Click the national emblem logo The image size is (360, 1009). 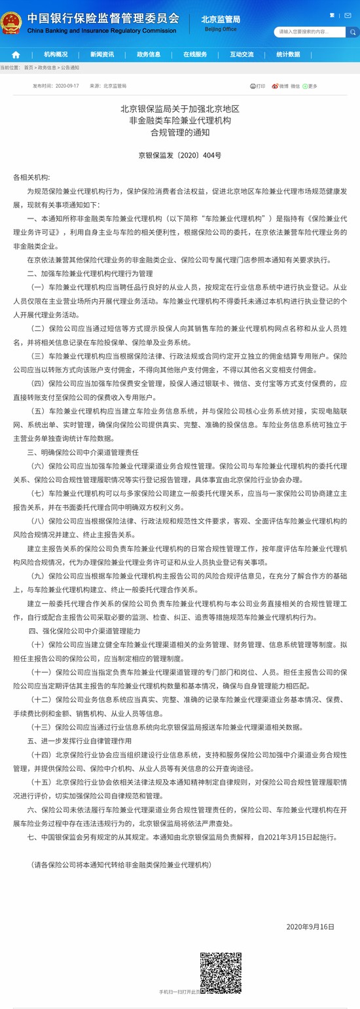11,23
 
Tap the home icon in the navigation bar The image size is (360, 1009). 16,55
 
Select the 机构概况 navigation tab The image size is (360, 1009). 56,55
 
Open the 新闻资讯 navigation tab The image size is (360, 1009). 102,55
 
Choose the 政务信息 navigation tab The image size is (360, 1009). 149,55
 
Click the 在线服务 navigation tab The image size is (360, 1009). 195,55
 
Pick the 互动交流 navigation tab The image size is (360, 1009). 242,55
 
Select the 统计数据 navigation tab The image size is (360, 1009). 288,55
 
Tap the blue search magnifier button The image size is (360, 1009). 352,31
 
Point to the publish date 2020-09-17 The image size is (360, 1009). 67,86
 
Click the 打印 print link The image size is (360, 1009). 258,86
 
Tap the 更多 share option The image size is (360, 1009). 310,86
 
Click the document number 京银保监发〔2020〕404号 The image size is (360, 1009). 180,156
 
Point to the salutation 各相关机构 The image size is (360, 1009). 31,177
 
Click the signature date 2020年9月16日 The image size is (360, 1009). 310,927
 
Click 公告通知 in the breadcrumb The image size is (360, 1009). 69,67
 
